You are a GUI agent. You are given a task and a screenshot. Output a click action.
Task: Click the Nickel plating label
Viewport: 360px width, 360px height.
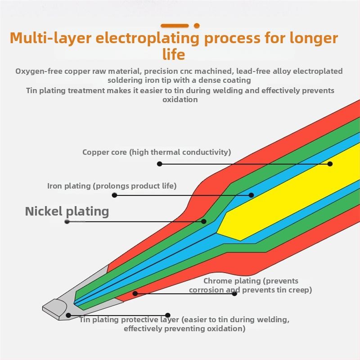[67, 211]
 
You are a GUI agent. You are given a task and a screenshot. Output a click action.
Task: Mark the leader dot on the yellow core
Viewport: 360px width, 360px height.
[330, 164]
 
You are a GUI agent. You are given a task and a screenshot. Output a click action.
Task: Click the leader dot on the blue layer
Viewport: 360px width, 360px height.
[251, 195]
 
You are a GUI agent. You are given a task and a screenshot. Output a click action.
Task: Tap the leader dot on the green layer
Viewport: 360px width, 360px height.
[204, 221]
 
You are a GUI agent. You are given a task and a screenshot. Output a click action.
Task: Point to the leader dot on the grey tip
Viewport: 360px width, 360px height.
[68, 315]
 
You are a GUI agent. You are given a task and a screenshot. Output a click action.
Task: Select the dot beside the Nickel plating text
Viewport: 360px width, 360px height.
[67, 221]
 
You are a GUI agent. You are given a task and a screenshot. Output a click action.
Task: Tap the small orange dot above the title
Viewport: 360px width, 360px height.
[196, 26]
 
